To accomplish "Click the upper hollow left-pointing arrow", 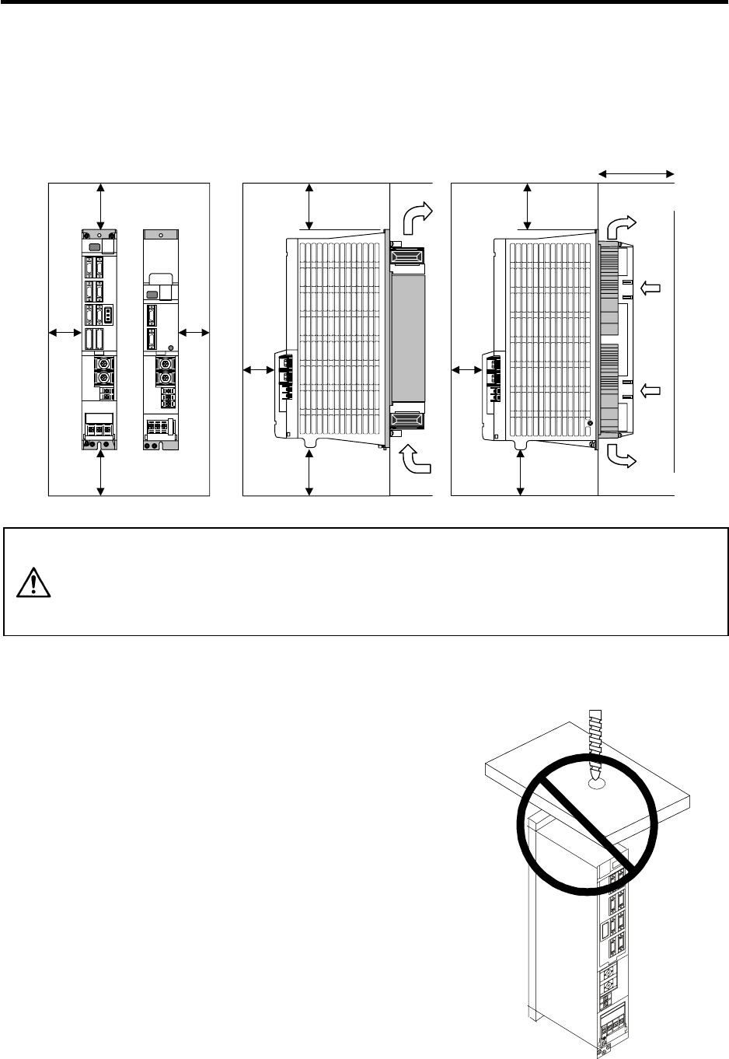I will coord(651,289).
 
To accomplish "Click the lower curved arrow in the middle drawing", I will coord(413,460).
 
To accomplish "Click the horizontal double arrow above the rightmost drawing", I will coord(636,174).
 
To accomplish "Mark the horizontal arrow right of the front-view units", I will coord(194,333).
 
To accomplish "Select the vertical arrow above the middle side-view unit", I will coord(309,207).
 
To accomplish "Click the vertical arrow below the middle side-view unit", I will coord(309,472).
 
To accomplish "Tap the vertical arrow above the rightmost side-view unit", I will coord(528,207).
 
